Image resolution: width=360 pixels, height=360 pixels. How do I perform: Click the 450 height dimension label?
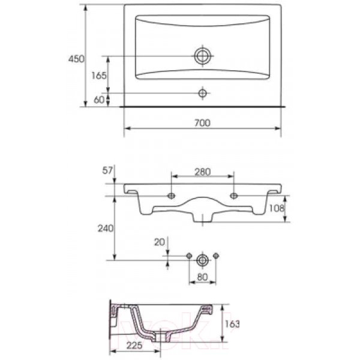pyautogui.click(x=76, y=59)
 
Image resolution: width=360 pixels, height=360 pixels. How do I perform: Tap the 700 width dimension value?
pyautogui.click(x=202, y=123)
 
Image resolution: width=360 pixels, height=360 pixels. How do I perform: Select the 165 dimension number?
pyautogui.click(x=99, y=76)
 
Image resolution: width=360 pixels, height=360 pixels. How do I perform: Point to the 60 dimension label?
pyautogui.click(x=99, y=100)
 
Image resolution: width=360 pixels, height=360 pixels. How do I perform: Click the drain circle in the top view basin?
pyautogui.click(x=203, y=56)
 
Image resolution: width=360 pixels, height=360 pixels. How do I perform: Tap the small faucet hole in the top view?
pyautogui.click(x=202, y=93)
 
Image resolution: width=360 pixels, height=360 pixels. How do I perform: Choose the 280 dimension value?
pyautogui.click(x=203, y=172)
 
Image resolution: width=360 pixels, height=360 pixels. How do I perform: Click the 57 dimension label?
pyautogui.click(x=107, y=170)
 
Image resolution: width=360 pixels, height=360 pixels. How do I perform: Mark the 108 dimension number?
pyautogui.click(x=277, y=208)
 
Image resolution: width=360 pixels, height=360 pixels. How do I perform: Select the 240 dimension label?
pyautogui.click(x=106, y=228)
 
